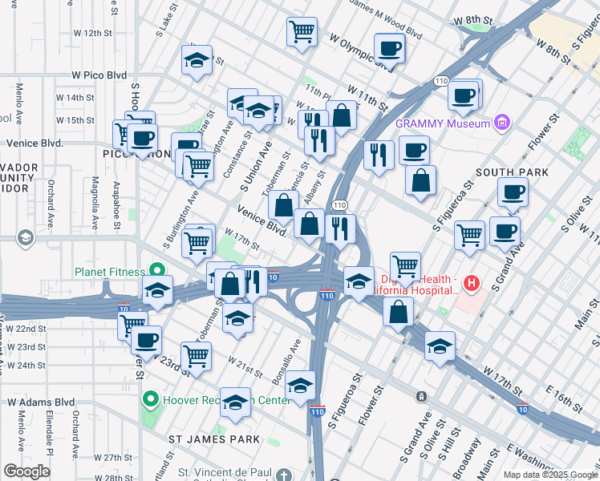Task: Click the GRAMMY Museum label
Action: [442, 123]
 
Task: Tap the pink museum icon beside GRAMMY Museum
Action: [502, 123]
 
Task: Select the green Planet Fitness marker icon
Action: [156, 271]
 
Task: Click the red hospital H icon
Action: [471, 283]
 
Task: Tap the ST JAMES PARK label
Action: [213, 439]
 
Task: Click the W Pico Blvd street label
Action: [99, 75]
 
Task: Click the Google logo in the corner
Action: [26, 471]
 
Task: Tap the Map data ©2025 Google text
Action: [549, 475]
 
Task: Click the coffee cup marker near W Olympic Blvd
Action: [389, 49]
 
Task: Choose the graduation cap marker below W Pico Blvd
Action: [196, 60]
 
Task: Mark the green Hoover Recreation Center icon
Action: [149, 398]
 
